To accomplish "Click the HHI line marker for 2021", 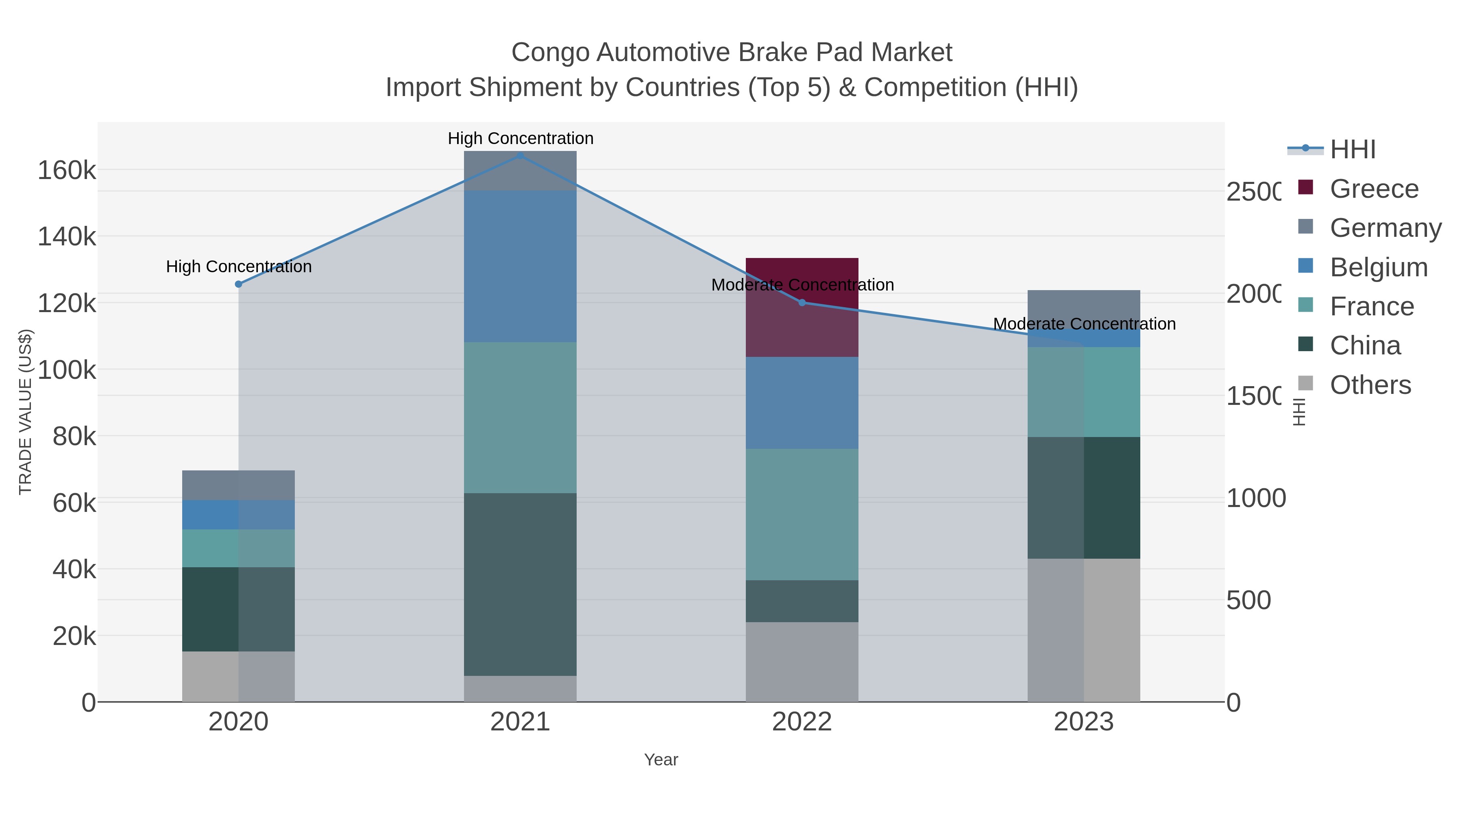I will tap(520, 155).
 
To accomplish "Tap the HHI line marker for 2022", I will tap(802, 302).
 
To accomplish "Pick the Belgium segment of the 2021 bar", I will tap(520, 266).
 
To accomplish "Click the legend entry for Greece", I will tap(1374, 189).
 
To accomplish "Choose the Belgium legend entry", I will tap(1378, 267).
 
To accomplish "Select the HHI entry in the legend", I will tap(1353, 150).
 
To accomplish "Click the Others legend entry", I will tap(1370, 385).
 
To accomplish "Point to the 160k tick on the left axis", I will tap(67, 170).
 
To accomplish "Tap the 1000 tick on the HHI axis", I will tap(1255, 498).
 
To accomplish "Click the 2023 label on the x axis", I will tap(1084, 722).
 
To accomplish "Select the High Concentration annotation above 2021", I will tap(520, 138).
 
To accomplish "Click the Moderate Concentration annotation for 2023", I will tap(1084, 323).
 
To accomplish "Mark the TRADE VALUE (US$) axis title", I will tap(26, 412).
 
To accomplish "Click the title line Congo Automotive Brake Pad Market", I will tap(732, 52).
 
